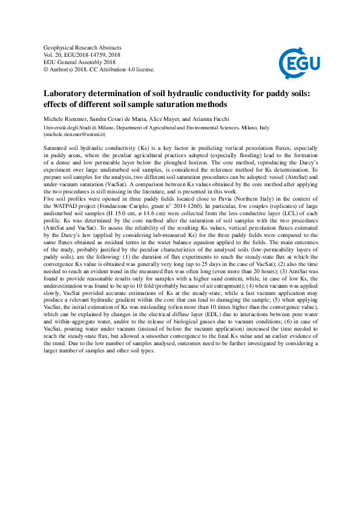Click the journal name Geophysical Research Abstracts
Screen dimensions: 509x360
(83, 47)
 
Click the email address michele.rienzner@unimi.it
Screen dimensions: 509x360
(73, 134)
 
